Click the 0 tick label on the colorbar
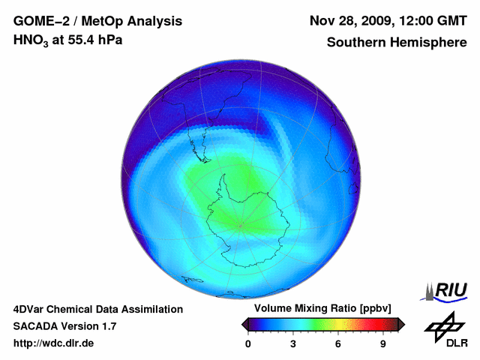(x=248, y=344)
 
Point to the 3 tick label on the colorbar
(x=293, y=344)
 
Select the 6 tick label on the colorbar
(x=338, y=344)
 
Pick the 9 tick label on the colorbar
(x=382, y=344)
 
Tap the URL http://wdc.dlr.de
(x=54, y=343)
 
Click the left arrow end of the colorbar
(x=245, y=324)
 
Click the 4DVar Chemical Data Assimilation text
(x=97, y=309)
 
